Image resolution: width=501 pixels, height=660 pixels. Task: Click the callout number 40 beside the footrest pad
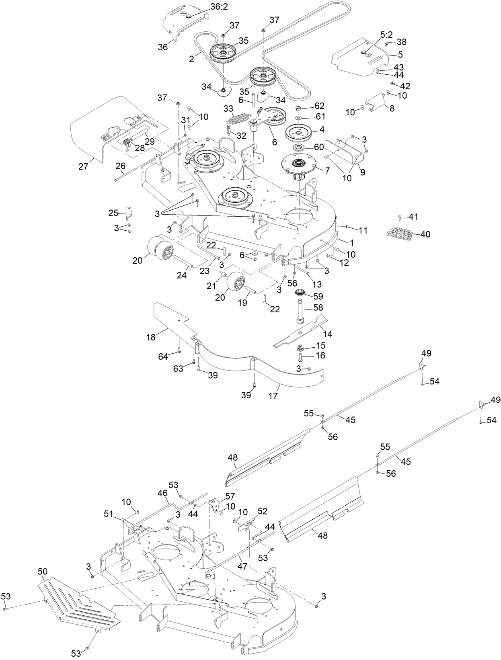[x=425, y=234]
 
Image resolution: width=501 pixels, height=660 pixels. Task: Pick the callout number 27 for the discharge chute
[x=83, y=166]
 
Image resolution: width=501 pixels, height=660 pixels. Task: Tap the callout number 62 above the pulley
[x=319, y=107]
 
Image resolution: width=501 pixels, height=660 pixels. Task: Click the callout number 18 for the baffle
[x=151, y=337]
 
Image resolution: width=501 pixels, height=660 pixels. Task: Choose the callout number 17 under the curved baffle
[x=273, y=396]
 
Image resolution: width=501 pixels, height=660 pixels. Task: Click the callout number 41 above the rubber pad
[x=413, y=217]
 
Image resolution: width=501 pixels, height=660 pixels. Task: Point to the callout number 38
[x=402, y=42]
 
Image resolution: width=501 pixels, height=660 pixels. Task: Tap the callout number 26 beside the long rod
[x=121, y=166]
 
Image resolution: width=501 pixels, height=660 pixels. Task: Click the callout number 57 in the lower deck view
[x=230, y=496]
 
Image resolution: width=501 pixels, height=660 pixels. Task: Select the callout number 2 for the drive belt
[x=192, y=59]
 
